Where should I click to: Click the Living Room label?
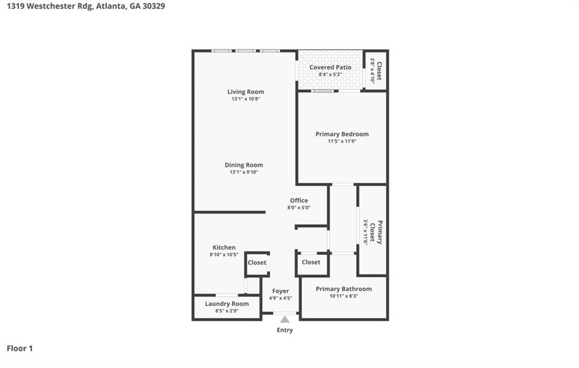(245, 92)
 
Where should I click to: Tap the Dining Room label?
(244, 165)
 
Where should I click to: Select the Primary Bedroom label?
(342, 134)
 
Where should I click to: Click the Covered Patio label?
(330, 67)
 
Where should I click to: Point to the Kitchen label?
(224, 247)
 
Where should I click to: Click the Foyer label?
(280, 291)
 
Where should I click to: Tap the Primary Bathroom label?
(344, 289)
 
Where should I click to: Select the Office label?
(299, 200)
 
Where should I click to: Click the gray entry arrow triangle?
(285, 320)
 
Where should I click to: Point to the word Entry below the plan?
(285, 330)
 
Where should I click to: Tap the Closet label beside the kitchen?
(257, 263)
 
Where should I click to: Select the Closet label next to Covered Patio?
(379, 71)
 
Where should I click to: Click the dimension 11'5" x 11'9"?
(342, 142)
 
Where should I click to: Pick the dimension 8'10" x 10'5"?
(224, 255)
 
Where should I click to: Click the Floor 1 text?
(20, 349)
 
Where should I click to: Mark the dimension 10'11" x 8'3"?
(344, 296)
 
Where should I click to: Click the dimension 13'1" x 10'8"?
(245, 99)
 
